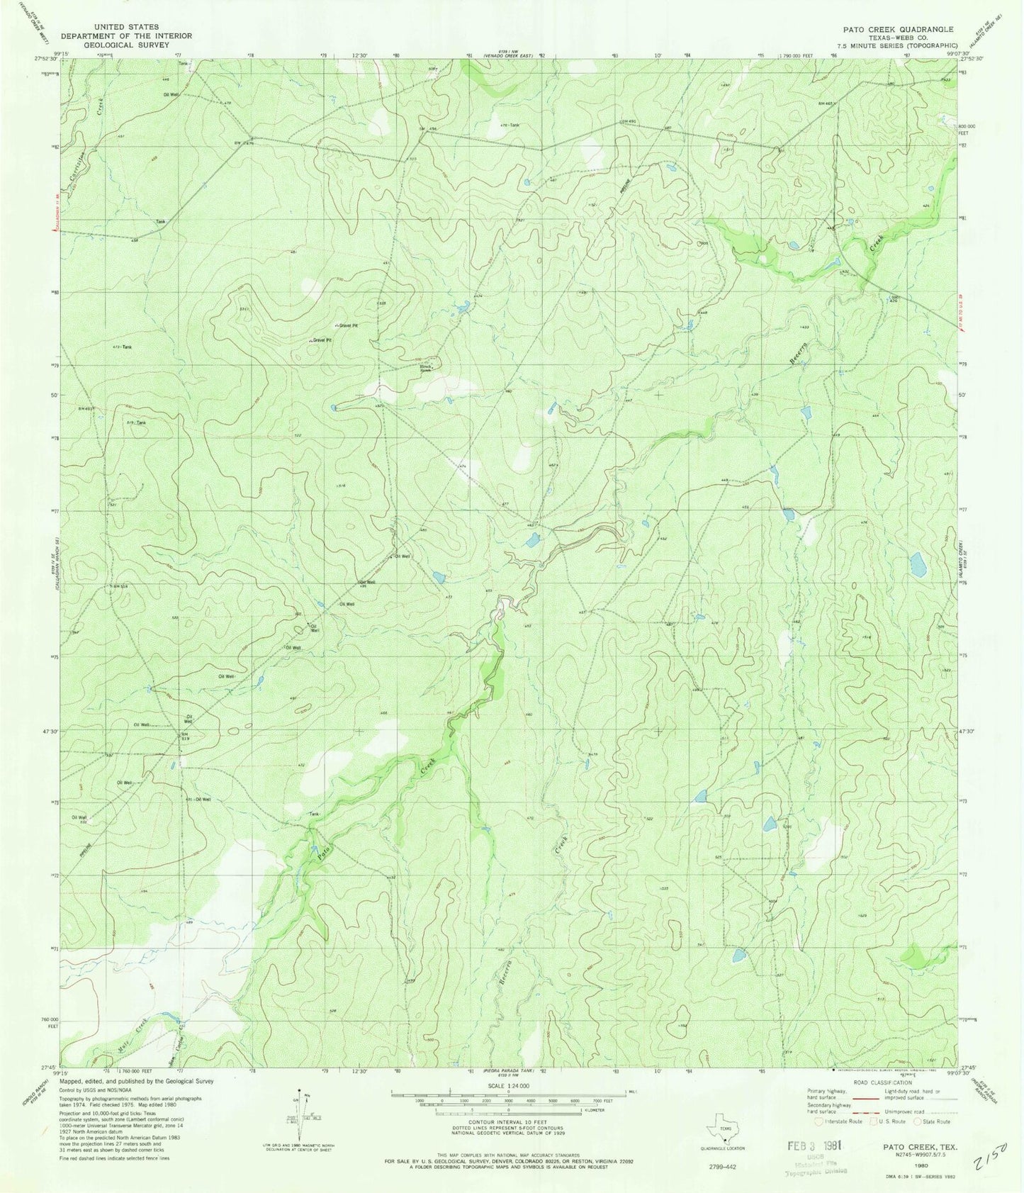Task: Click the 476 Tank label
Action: click(510, 125)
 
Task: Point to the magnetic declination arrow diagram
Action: click(304, 1111)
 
